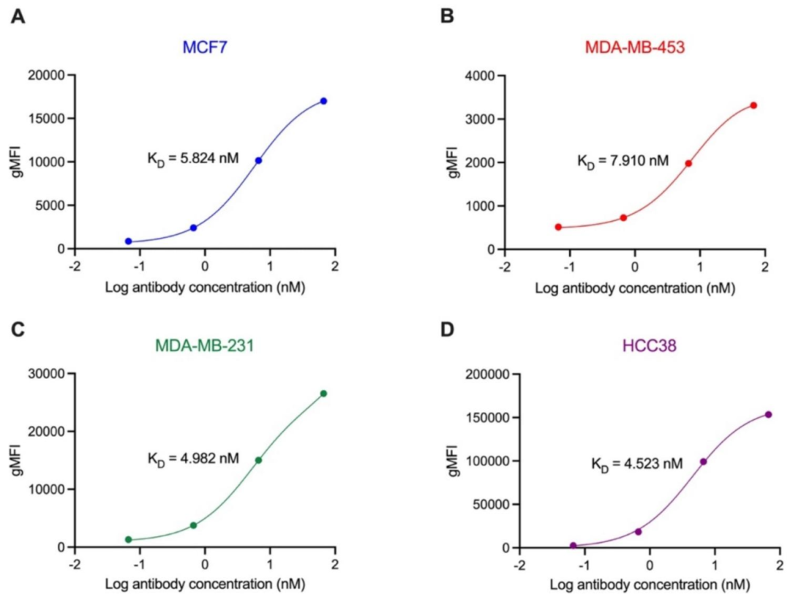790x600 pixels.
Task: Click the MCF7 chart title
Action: click(204, 48)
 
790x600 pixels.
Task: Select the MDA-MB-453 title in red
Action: click(634, 48)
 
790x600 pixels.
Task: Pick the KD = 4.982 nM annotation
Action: click(193, 459)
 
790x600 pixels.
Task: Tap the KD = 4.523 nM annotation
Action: click(637, 462)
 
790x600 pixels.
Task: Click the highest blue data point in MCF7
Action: click(323, 101)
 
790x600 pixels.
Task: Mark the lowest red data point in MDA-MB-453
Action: click(558, 227)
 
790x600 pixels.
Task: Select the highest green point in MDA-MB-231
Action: click(323, 394)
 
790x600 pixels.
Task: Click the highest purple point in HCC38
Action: click(768, 414)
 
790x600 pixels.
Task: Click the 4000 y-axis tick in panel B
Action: click(481, 75)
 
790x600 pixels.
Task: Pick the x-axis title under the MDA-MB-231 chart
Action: click(204, 585)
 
